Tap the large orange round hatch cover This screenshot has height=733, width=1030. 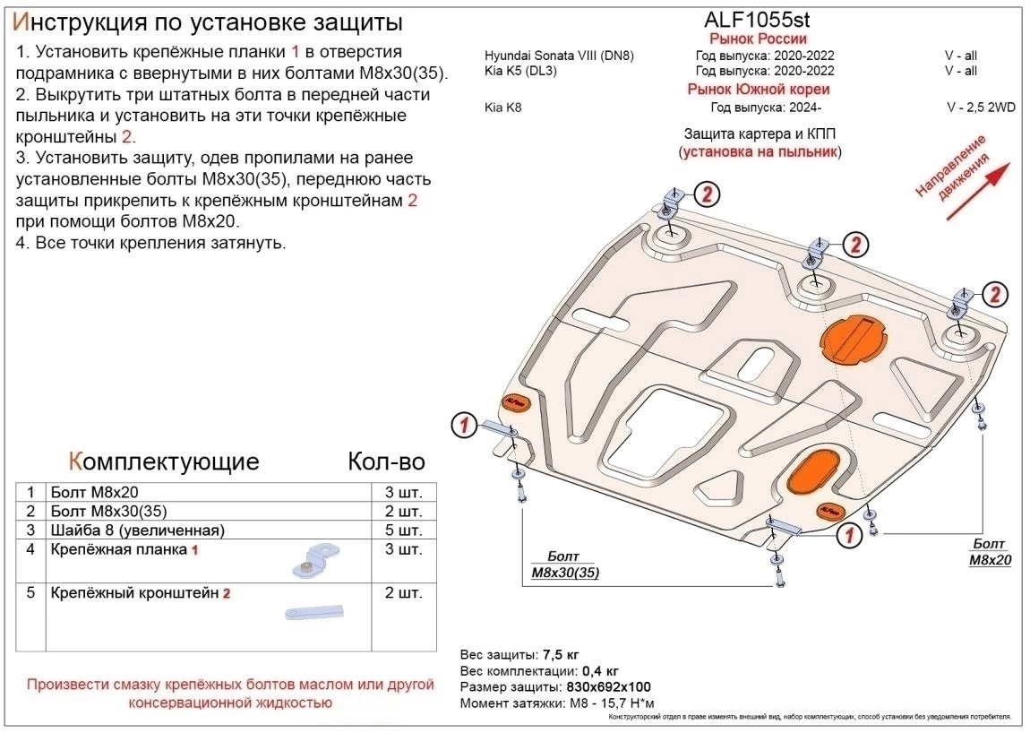click(x=853, y=340)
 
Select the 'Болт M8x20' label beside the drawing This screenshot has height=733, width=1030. click(x=990, y=552)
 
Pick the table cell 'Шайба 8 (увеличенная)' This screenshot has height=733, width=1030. click(x=138, y=530)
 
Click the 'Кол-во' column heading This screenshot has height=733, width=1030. click(x=385, y=461)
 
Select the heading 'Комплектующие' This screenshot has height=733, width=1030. click(x=164, y=461)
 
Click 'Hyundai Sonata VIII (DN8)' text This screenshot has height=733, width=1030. click(x=559, y=56)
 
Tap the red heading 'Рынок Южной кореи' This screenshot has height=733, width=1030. click(x=758, y=89)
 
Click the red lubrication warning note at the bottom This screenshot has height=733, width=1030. click(x=229, y=694)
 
